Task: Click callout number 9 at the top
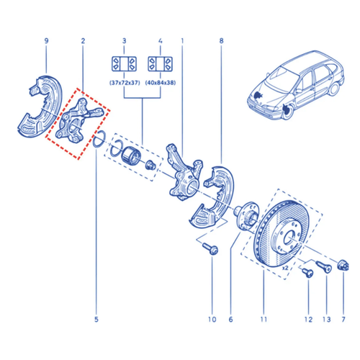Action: click(46, 41)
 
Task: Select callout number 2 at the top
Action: click(83, 41)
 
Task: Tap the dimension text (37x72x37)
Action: click(125, 83)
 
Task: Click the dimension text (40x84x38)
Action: click(161, 83)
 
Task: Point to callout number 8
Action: click(221, 41)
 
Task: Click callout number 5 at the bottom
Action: click(96, 320)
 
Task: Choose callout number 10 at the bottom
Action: click(212, 320)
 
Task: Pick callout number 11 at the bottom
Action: click(264, 320)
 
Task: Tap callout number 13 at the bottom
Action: click(327, 320)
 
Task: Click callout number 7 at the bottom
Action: click(343, 320)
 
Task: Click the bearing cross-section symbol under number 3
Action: click(125, 64)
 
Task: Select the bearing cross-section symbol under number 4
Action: click(161, 64)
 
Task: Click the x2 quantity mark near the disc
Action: click(285, 268)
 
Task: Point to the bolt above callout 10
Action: click(210, 248)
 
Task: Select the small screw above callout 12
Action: click(308, 273)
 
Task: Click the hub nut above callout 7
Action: click(343, 266)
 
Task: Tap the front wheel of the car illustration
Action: click(287, 111)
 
